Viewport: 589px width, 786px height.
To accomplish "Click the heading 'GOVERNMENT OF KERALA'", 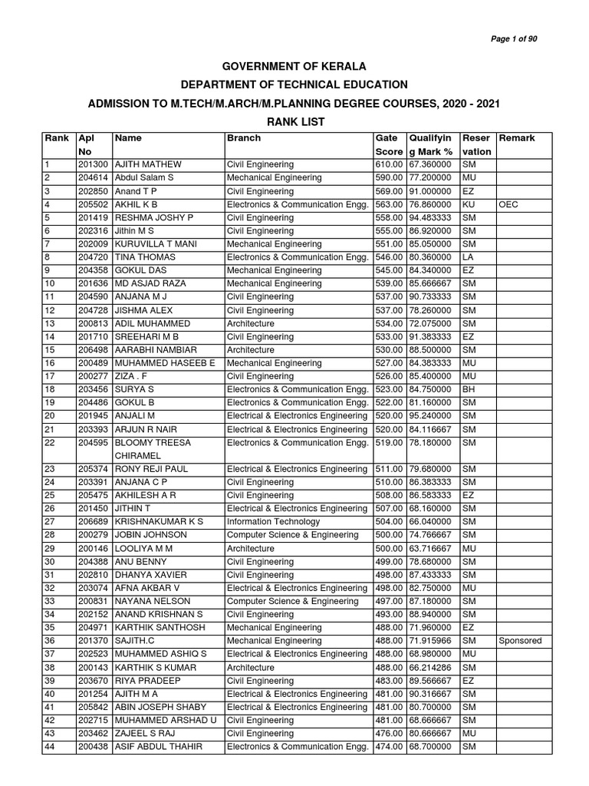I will click(x=294, y=67).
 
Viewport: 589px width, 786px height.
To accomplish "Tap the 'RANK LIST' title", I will click(x=294, y=122).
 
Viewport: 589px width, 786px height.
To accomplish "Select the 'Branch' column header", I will click(x=243, y=138).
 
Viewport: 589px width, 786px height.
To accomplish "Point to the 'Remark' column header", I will click(x=517, y=138).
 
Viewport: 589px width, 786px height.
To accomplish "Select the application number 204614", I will click(x=93, y=178).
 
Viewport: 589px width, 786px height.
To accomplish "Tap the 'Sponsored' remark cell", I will click(x=520, y=641).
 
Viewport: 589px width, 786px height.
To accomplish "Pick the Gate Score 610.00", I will click(x=389, y=165).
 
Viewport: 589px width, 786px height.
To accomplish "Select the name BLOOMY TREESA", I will click(x=153, y=443).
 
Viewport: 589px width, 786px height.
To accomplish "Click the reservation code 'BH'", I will click(x=468, y=390).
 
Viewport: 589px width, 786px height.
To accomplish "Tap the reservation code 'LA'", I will click(x=467, y=257).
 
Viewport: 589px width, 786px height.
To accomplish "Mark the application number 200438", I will click(x=93, y=747).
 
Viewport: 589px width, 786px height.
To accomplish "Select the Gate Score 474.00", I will click(x=389, y=747).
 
